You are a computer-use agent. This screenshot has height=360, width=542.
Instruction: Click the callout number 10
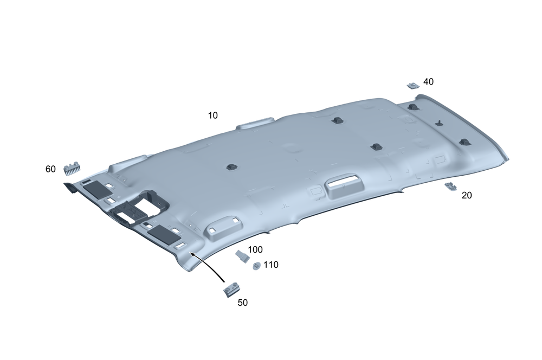click(x=212, y=115)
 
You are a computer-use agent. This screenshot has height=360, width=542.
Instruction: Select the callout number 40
click(x=428, y=82)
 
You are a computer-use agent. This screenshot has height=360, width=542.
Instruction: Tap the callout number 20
click(x=467, y=195)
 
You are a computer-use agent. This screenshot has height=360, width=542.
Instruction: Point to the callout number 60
click(x=50, y=169)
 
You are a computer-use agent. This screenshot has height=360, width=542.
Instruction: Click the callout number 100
click(x=255, y=249)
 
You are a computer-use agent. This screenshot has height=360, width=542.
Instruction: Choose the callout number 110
click(x=271, y=265)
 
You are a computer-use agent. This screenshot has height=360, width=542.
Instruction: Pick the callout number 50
click(x=243, y=303)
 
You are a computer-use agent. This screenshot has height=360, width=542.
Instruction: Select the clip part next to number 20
click(x=450, y=186)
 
